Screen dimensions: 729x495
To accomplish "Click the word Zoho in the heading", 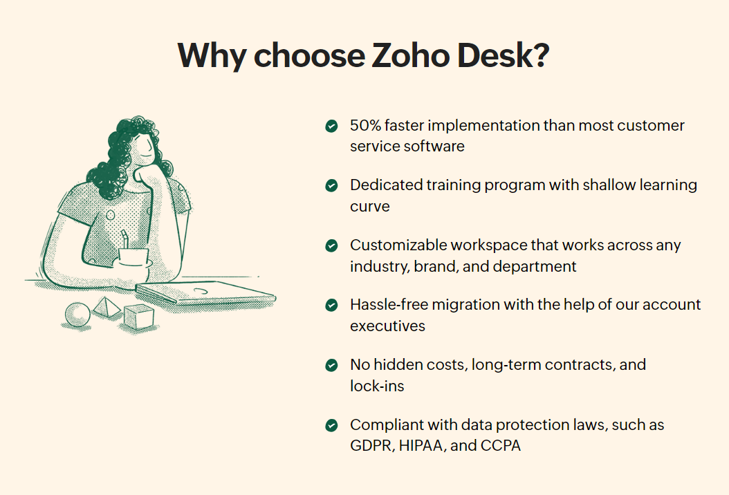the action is pyautogui.click(x=410, y=55).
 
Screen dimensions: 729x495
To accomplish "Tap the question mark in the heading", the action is pyautogui.click(x=541, y=55).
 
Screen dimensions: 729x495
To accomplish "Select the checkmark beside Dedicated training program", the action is pyautogui.click(x=331, y=185).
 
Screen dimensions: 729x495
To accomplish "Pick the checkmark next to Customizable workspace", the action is pyautogui.click(x=331, y=245).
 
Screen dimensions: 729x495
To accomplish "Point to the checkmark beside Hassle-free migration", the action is pyautogui.click(x=331, y=305).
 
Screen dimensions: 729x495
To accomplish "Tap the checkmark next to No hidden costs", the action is pyautogui.click(x=331, y=365).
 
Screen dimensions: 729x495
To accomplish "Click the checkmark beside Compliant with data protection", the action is pyautogui.click(x=331, y=425).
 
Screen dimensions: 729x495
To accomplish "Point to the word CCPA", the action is pyautogui.click(x=500, y=446).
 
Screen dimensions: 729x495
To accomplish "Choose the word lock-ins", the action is pyautogui.click(x=377, y=386).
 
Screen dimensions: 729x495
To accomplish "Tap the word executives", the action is pyautogui.click(x=388, y=326).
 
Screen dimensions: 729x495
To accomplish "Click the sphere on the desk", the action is pyautogui.click(x=77, y=315).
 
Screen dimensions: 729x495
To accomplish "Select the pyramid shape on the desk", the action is pyautogui.click(x=107, y=307).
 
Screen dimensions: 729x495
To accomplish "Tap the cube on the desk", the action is pyautogui.click(x=139, y=317).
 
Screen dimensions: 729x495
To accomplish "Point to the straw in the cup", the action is pyautogui.click(x=124, y=240).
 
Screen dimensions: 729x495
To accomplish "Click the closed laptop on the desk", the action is pyautogui.click(x=205, y=293).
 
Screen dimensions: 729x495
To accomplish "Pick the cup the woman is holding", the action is pyautogui.click(x=133, y=257).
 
